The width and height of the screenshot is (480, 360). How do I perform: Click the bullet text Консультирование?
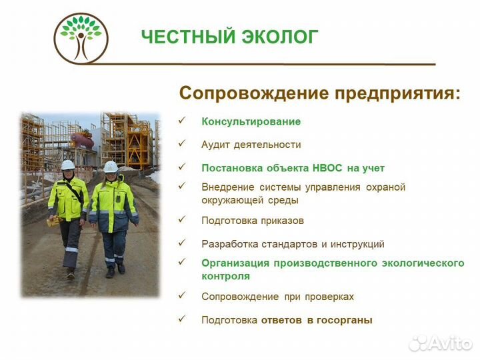click(251, 121)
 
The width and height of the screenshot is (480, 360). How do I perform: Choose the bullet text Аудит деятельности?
click(251, 144)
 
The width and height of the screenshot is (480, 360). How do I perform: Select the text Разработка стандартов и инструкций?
click(293, 244)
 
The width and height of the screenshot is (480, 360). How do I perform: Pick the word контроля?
click(225, 275)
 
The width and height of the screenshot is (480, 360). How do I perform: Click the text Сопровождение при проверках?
click(277, 296)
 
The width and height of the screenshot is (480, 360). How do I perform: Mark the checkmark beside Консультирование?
click(181, 121)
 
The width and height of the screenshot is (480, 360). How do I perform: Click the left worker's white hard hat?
click(68, 165)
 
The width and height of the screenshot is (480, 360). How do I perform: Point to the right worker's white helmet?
click(111, 166)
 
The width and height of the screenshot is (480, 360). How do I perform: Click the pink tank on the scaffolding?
click(83, 139)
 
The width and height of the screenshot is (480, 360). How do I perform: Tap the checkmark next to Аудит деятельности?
click(181, 143)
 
